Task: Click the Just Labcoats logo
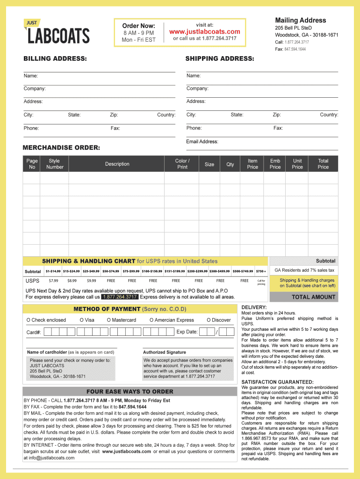click(57, 32)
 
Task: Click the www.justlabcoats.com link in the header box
click(204, 32)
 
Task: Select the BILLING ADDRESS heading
click(55, 58)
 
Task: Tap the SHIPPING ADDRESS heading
click(220, 58)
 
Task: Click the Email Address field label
click(202, 142)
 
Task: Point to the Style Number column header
click(55, 164)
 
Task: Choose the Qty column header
click(230, 164)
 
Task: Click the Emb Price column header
click(275, 164)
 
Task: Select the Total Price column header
click(323, 164)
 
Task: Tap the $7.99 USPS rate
click(53, 281)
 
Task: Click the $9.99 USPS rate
click(91, 281)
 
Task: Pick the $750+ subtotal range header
click(261, 271)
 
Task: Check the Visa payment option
click(87, 320)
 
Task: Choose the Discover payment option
click(218, 320)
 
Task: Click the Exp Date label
click(187, 332)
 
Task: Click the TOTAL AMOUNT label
click(313, 297)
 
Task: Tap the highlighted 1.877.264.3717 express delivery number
click(120, 297)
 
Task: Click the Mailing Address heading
click(300, 20)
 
